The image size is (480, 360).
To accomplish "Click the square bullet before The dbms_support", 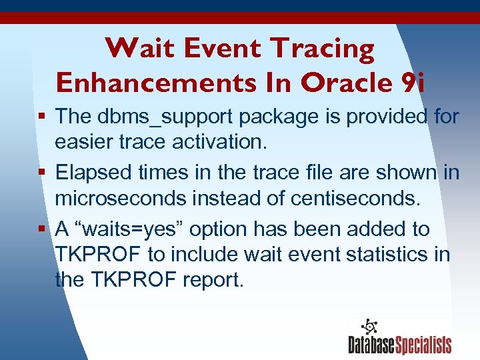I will pyautogui.click(x=42, y=117).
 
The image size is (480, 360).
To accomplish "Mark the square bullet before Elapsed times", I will pyautogui.click(x=42, y=173).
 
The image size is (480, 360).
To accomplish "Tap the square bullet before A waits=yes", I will pyautogui.click(x=42, y=229).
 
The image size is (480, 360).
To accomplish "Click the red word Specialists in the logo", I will pyautogui.click(x=424, y=344).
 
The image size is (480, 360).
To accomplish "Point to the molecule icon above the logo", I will pyautogui.click(x=369, y=327).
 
